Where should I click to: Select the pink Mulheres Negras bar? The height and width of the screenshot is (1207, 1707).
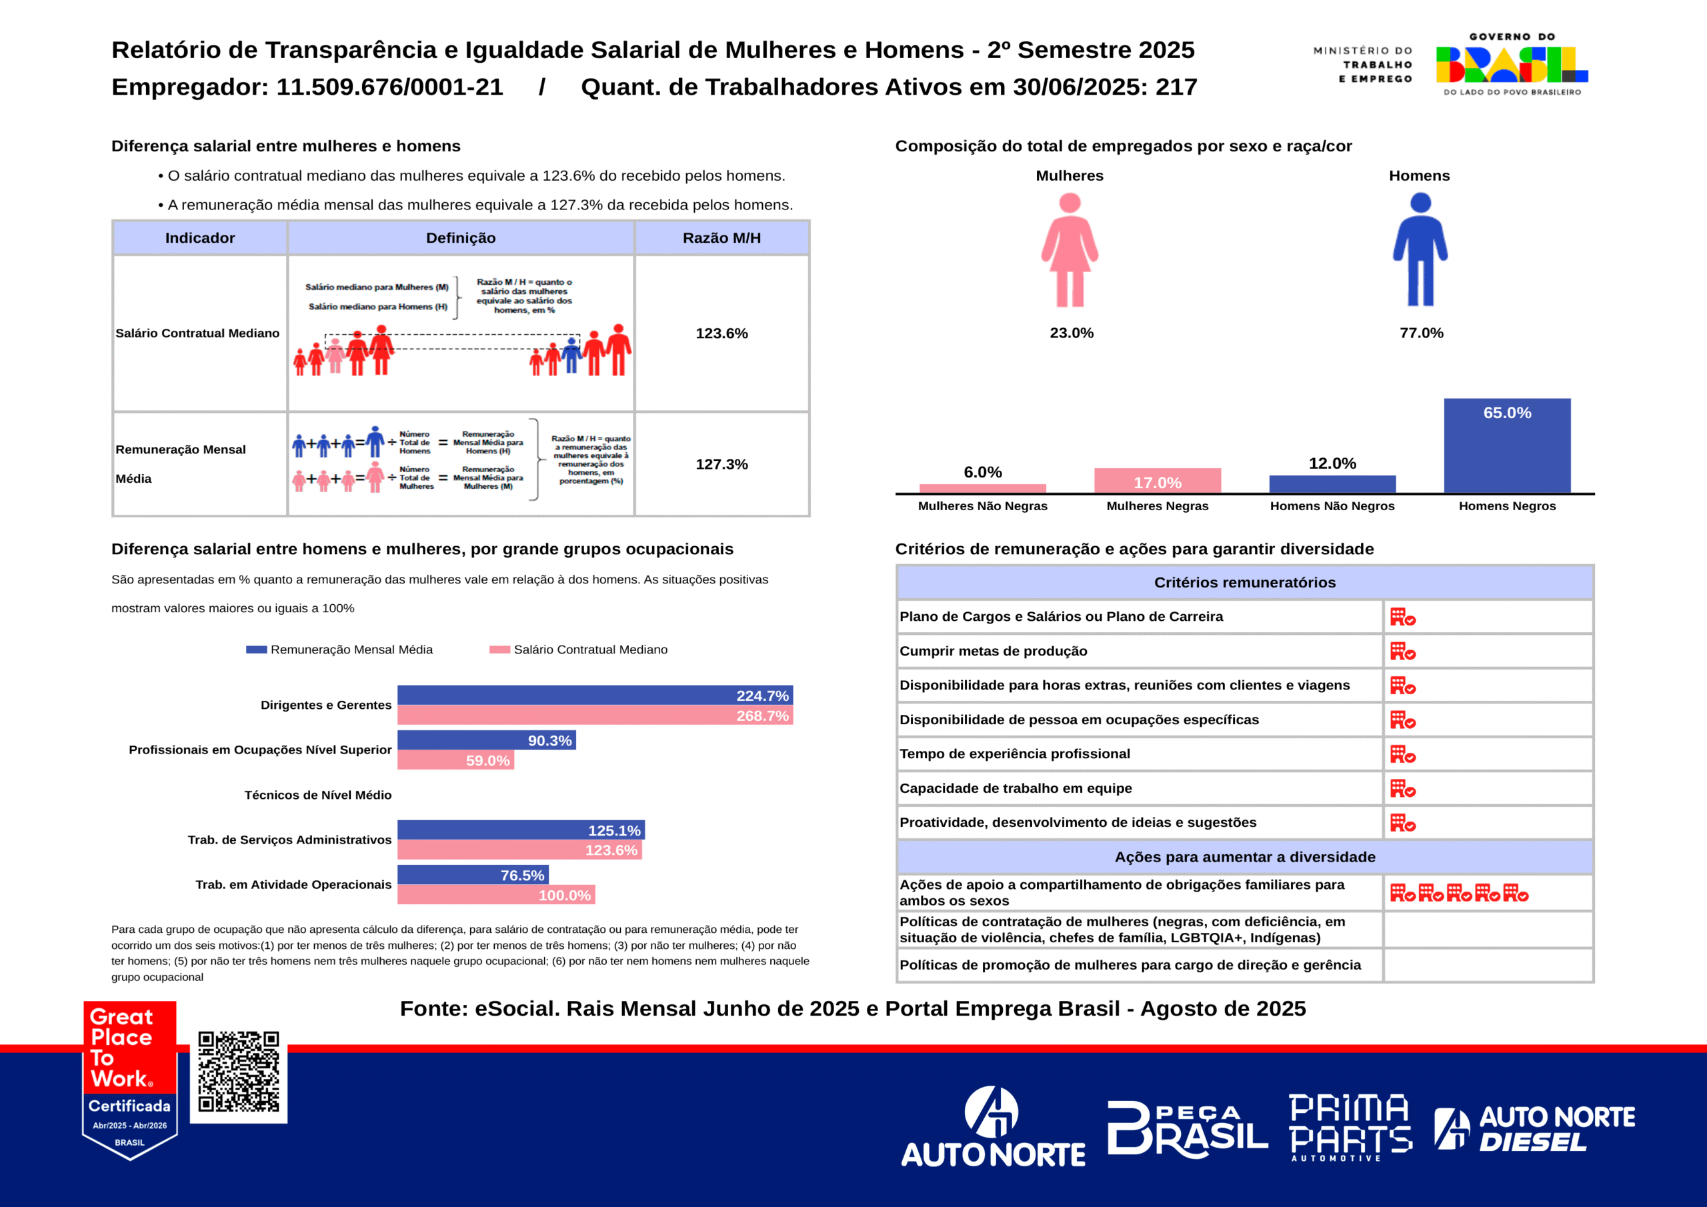click(x=1157, y=480)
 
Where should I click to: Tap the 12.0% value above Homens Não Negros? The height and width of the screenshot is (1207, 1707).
click(x=1332, y=463)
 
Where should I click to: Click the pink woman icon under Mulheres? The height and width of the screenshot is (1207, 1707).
click(x=1069, y=250)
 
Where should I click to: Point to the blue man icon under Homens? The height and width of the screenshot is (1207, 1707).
click(x=1420, y=250)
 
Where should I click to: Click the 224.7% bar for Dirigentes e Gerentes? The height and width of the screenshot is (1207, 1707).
click(x=595, y=696)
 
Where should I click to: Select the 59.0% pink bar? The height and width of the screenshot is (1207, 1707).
click(x=455, y=760)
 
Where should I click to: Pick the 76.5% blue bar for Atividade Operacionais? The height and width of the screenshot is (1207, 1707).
click(x=473, y=874)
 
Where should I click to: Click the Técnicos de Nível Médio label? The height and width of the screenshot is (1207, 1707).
click(x=317, y=795)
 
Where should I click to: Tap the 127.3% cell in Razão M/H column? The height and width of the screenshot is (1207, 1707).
click(x=721, y=464)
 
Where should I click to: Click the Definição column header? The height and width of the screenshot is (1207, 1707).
click(x=460, y=238)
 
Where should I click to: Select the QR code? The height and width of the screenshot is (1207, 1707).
click(x=239, y=1072)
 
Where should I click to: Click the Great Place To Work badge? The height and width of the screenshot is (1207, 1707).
click(x=130, y=1078)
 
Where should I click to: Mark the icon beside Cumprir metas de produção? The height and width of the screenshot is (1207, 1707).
click(x=1402, y=652)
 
